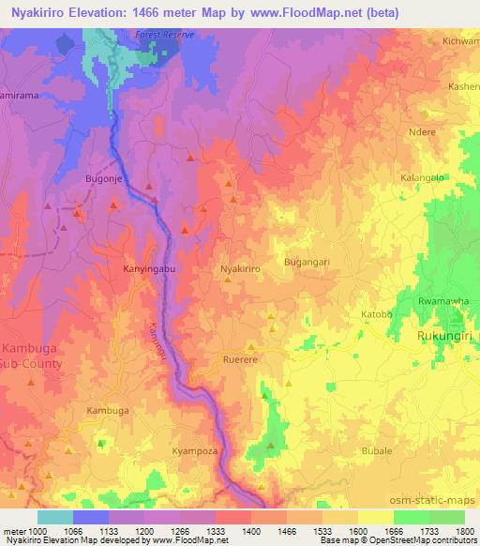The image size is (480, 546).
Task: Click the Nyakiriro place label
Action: click(239, 268)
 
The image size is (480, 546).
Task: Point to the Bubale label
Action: click(376, 451)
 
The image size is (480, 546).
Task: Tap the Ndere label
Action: click(424, 132)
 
